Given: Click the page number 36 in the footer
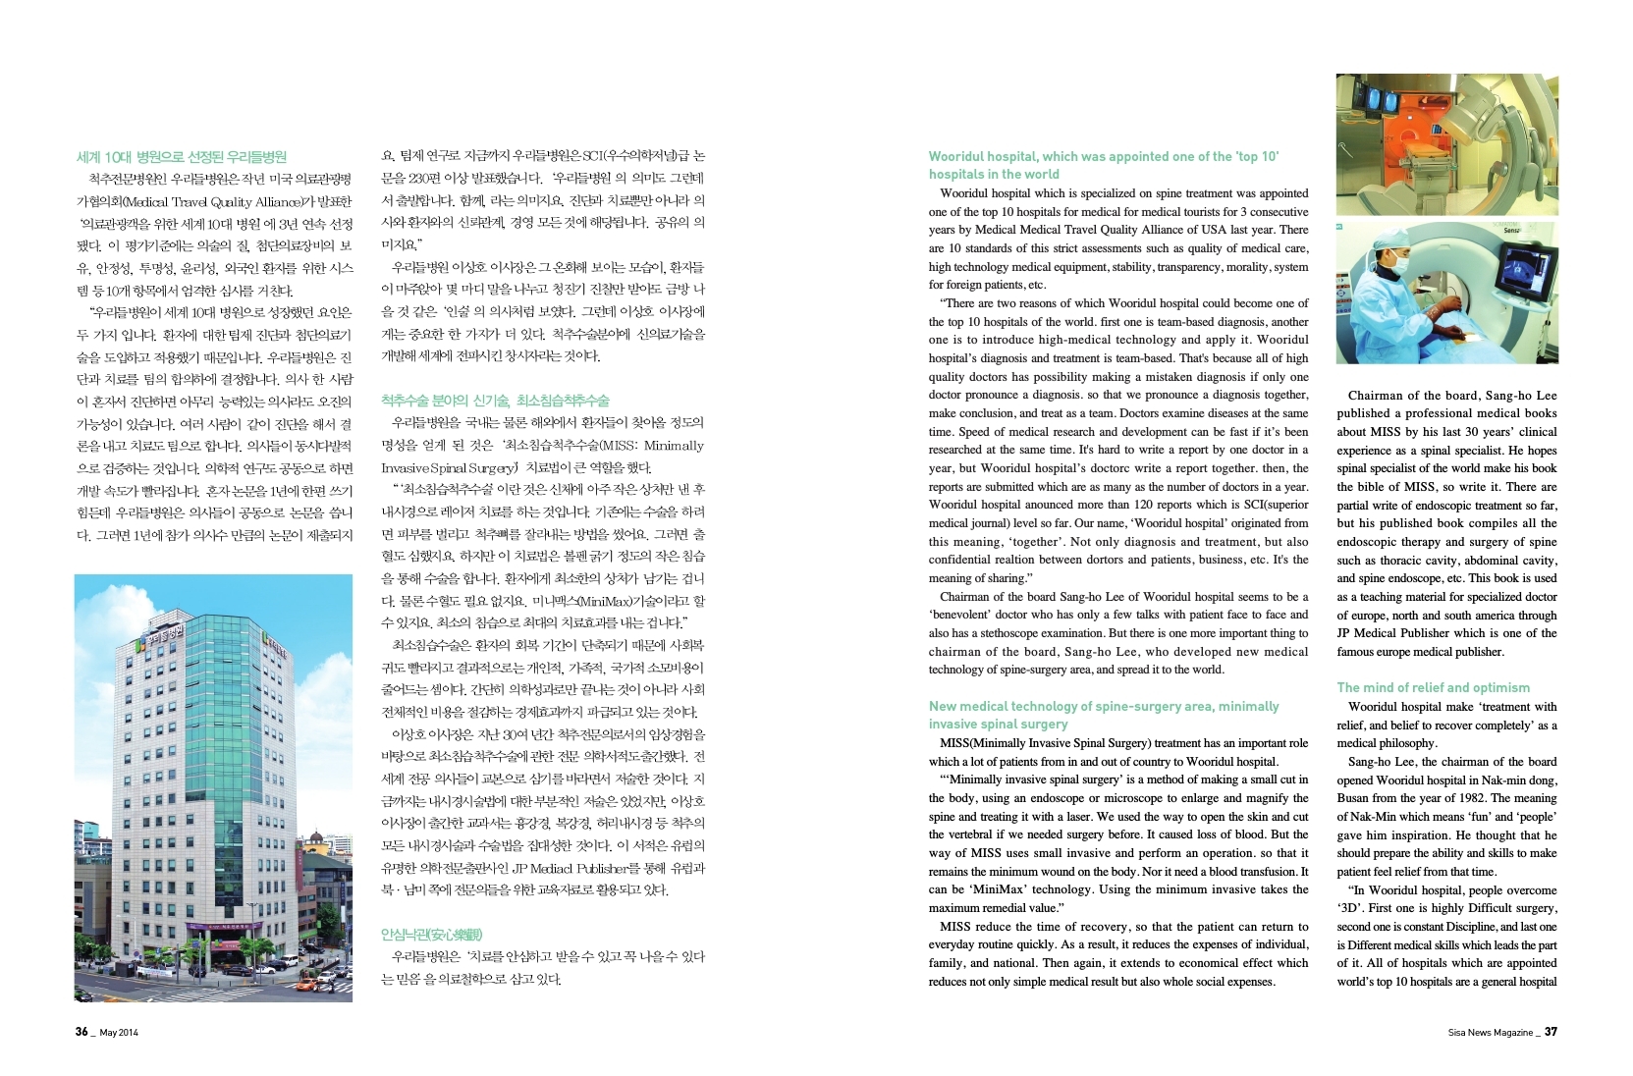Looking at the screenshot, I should tap(82, 1032).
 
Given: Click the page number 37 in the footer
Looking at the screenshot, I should tap(1551, 1032).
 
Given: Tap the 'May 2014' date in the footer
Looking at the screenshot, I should tap(119, 1033).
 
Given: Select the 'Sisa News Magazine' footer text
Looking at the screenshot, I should tap(1490, 1033).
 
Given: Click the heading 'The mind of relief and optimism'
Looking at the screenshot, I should tap(1433, 687).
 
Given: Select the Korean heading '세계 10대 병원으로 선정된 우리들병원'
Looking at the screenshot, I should tap(182, 156).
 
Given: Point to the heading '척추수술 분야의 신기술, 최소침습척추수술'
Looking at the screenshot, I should tap(495, 401).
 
